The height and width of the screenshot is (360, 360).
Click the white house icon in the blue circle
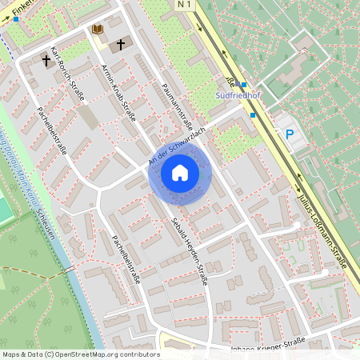[x=179, y=173]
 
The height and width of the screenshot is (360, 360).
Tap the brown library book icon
[x=98, y=30]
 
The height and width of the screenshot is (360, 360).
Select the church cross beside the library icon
[x=122, y=44]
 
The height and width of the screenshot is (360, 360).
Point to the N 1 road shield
[x=185, y=5]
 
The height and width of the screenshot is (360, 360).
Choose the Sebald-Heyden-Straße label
[x=190, y=250]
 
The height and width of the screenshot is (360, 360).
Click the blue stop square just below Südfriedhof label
[x=254, y=115]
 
